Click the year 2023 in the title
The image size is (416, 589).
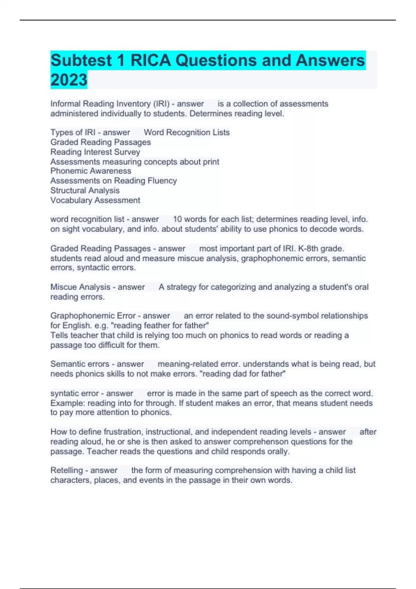click(69, 80)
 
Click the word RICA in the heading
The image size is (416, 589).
click(150, 61)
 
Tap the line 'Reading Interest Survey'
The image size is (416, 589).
click(95, 152)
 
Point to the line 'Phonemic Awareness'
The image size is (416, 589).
click(91, 171)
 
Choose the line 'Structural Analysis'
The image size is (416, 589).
click(85, 191)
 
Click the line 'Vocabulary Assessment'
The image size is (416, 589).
click(95, 200)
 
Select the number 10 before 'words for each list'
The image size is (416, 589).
click(177, 219)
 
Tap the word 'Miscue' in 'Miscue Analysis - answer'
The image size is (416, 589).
click(64, 287)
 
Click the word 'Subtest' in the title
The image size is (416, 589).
click(81, 61)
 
